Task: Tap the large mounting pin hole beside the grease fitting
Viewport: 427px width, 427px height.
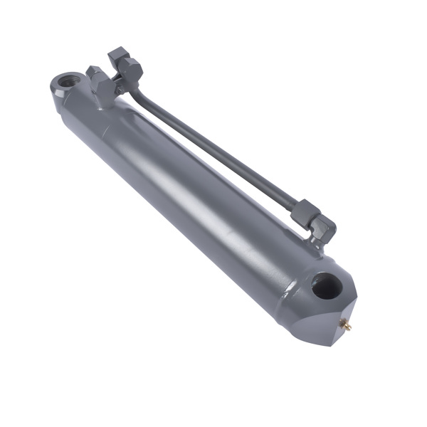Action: tap(327, 285)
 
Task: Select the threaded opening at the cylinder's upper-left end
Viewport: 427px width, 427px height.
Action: tap(68, 82)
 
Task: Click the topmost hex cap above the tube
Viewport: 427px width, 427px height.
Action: tap(118, 56)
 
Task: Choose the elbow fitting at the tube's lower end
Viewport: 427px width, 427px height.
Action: tap(322, 228)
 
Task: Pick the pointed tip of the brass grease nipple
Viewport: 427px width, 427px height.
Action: tap(350, 326)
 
